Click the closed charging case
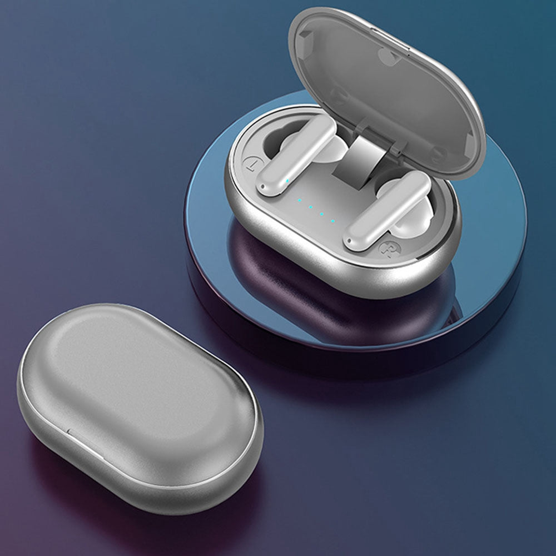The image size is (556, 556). (140, 408)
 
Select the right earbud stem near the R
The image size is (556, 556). (387, 210)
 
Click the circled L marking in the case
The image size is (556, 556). (252, 164)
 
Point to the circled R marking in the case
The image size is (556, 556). (387, 249)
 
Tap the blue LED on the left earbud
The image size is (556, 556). (287, 181)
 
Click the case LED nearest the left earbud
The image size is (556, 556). (300, 200)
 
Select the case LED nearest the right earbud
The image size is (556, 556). (332, 221)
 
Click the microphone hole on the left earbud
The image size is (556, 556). (262, 186)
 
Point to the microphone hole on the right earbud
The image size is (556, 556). (350, 244)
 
